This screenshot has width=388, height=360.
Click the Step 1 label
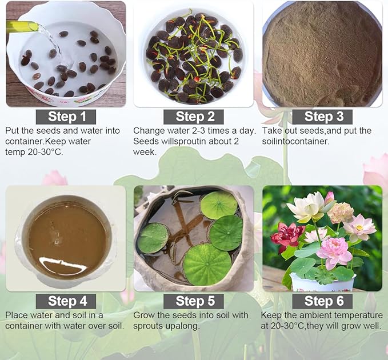(x=66, y=117)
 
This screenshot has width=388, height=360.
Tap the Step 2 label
(x=194, y=117)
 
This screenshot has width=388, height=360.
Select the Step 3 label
(x=322, y=117)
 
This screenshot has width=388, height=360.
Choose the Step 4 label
(x=66, y=301)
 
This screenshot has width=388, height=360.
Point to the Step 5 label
(x=194, y=301)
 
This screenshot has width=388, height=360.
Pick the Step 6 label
(x=322, y=301)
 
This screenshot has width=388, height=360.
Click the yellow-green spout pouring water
(x=22, y=26)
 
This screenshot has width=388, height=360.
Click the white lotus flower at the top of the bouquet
(x=307, y=206)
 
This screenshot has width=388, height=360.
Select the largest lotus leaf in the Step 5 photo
(x=207, y=264)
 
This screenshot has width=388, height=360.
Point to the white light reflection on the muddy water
(x=63, y=263)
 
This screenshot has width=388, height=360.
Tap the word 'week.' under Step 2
(x=145, y=152)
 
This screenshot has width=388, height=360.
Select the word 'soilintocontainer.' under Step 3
(x=295, y=141)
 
